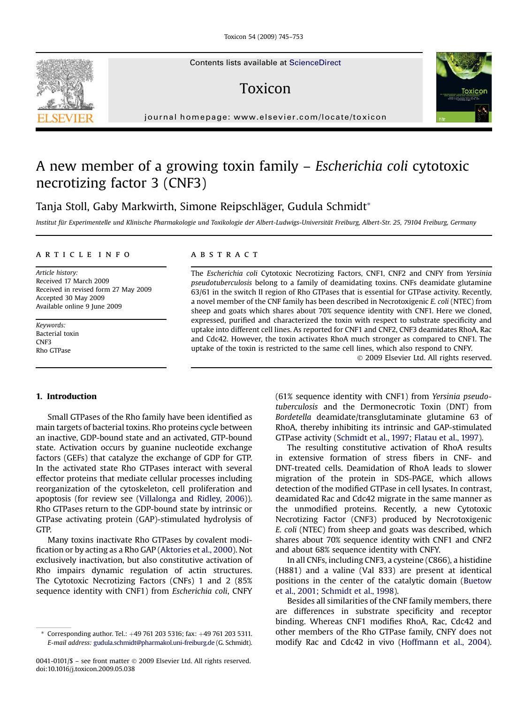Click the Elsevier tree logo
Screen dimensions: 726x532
pyautogui.click(x=65, y=84)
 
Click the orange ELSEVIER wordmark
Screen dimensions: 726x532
pyautogui.click(x=65, y=118)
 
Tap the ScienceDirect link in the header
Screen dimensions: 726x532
pyautogui.click(x=315, y=63)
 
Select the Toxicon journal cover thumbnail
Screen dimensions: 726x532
pyautogui.click(x=464, y=87)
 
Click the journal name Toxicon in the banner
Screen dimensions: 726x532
pyautogui.click(x=265, y=89)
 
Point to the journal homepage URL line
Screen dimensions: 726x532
pyautogui.click(x=266, y=117)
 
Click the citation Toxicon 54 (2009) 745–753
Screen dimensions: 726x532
pyautogui.click(x=263, y=37)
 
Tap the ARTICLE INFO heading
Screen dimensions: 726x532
pyautogui.click(x=84, y=255)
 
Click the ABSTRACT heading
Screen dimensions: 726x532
pyautogui.click(x=224, y=255)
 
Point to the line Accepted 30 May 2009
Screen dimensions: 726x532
pyautogui.click(x=70, y=298)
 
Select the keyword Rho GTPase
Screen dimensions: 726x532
pyautogui.click(x=53, y=350)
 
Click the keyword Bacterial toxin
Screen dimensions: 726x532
pyautogui.click(x=57, y=333)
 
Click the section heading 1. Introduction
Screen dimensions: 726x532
pyautogui.click(x=66, y=396)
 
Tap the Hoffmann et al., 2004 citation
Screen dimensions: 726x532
pyautogui.click(x=444, y=642)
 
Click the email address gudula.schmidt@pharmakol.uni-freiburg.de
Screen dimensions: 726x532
pyautogui.click(x=154, y=643)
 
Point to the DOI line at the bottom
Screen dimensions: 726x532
pyautogui.click(x=85, y=669)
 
